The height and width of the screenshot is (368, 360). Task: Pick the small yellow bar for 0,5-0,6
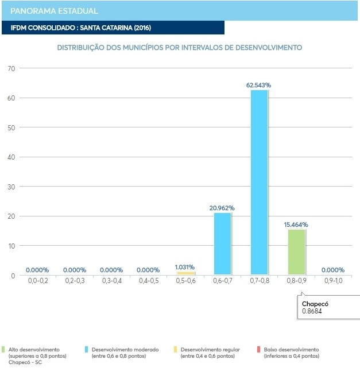185,273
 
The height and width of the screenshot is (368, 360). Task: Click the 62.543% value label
258,85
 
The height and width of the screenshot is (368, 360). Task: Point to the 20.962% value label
222,208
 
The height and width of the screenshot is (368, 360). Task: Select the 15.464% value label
296,224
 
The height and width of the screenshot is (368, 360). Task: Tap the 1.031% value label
185,267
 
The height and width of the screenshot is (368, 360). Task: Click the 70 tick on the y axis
10,68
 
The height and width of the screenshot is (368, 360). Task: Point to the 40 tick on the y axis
10,157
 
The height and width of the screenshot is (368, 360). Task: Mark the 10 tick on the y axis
10,246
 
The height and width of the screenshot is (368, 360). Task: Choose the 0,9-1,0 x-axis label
332,281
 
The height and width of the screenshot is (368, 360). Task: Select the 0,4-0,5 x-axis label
148,281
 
